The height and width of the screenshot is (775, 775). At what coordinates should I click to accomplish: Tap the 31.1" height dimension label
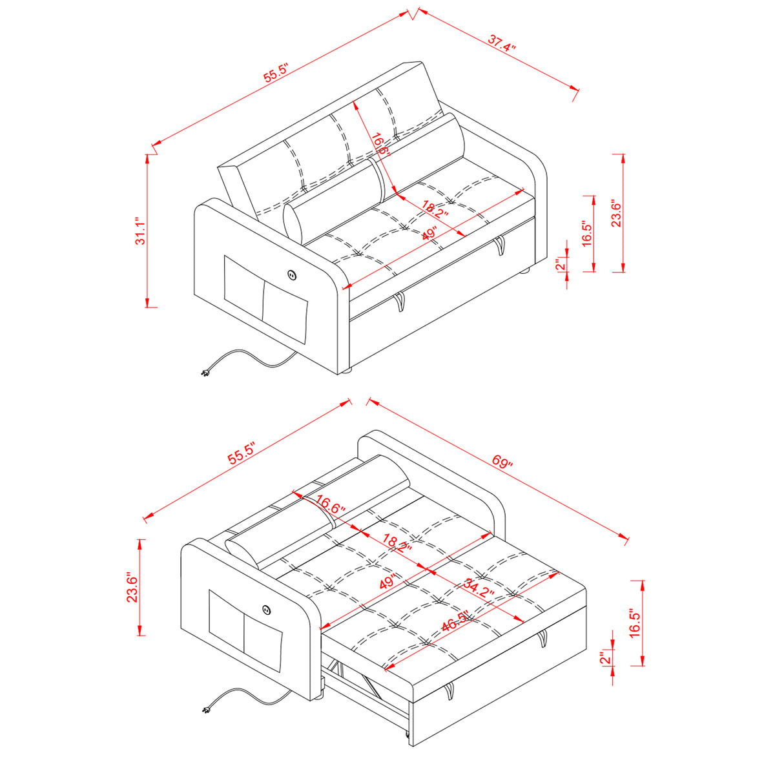(140, 232)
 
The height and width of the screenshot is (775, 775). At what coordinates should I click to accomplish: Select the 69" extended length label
(502, 462)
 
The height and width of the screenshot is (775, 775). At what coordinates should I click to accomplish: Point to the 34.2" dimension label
(479, 590)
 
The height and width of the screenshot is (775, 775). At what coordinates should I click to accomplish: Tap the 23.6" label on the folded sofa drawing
(617, 214)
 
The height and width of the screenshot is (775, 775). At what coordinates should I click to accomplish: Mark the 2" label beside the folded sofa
(560, 264)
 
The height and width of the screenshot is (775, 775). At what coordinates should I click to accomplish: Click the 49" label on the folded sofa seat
(429, 234)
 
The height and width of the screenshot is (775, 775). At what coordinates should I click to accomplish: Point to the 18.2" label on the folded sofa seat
(435, 209)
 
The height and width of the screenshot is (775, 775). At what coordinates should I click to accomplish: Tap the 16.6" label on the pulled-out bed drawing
(330, 505)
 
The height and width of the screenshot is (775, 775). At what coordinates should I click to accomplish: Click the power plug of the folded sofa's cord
(205, 374)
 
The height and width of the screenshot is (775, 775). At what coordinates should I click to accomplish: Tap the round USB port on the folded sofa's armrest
(292, 275)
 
